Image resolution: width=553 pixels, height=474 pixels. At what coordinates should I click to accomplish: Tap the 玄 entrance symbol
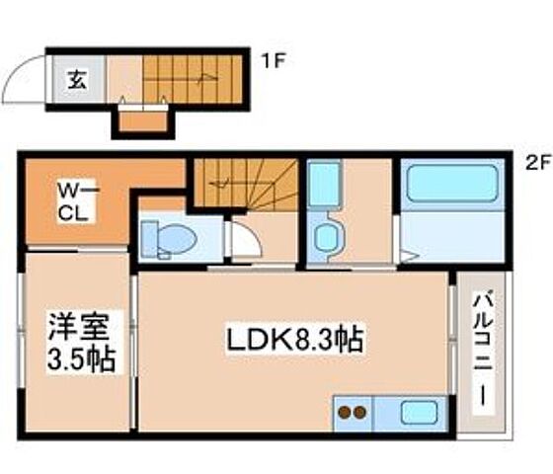(76, 80)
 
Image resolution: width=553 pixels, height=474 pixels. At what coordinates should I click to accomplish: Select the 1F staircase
(194, 77)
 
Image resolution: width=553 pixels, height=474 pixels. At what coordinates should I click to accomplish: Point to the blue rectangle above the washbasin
(323, 186)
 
